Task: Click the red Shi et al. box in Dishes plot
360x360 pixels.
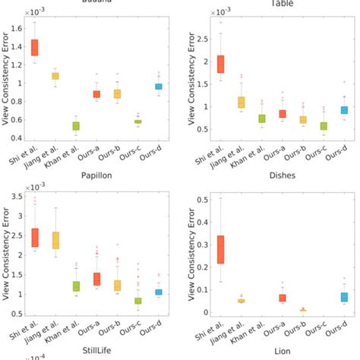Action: [221, 249]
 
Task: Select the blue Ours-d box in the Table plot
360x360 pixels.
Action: [344, 110]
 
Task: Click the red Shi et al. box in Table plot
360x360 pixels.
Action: [221, 65]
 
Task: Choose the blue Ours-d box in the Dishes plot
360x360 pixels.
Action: [344, 297]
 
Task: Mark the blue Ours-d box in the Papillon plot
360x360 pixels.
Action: [158, 292]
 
